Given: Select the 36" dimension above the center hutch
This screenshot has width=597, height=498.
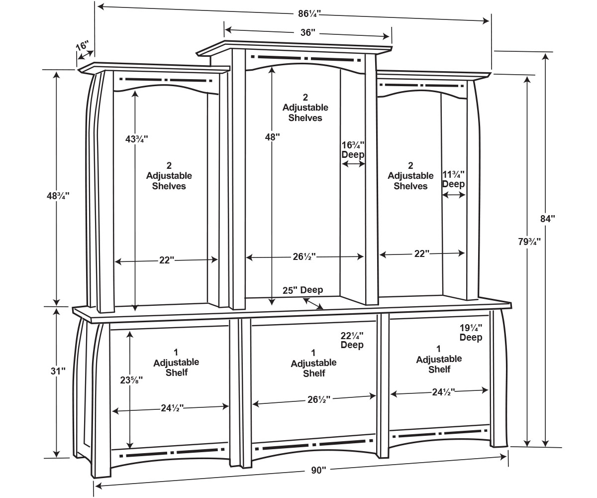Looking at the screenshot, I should [x=308, y=33].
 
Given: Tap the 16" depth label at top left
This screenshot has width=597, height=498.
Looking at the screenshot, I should [x=83, y=46].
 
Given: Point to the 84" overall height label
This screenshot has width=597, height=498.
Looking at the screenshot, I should [x=547, y=218].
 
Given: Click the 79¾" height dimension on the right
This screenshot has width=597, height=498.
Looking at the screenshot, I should [x=527, y=242].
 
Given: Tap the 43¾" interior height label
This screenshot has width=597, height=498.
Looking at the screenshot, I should [x=135, y=139].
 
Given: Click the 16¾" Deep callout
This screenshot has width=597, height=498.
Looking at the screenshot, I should [x=353, y=149].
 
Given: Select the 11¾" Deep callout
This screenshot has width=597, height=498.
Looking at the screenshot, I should [x=453, y=179].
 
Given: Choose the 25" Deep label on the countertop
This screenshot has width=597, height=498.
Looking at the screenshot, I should [x=302, y=290].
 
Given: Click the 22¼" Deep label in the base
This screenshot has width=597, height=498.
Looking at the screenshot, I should [x=352, y=340].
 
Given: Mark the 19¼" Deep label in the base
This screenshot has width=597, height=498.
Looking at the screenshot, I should [x=471, y=333].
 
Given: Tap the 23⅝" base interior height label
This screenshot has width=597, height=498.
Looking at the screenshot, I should [x=132, y=379].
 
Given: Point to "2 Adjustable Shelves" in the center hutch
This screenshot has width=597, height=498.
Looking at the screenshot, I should [x=305, y=108].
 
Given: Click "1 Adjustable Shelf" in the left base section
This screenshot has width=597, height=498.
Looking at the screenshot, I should [x=176, y=363].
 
